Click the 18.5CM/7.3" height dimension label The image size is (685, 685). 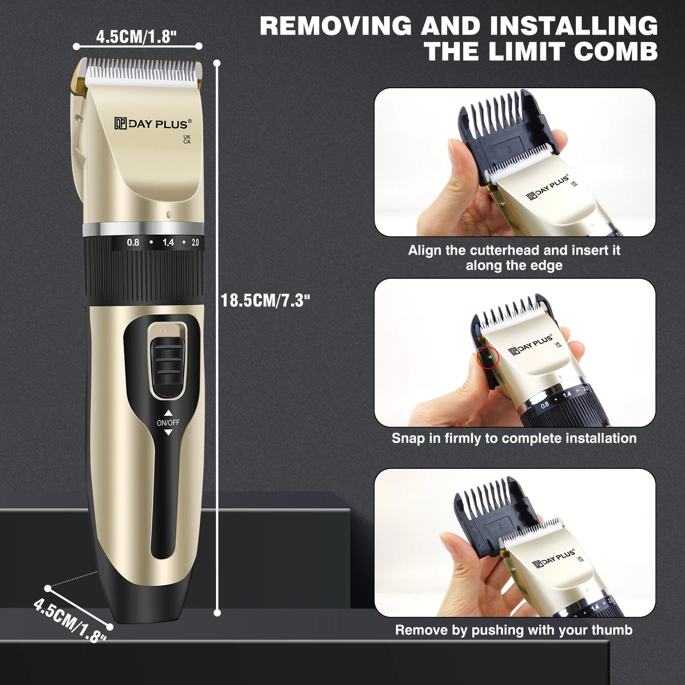265,301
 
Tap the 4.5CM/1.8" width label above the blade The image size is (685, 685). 136,37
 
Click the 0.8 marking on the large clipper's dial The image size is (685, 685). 133,243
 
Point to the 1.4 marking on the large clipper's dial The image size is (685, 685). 168,243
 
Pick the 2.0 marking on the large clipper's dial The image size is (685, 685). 195,243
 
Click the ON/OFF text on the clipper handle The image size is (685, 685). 168,422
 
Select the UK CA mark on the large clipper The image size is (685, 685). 187,139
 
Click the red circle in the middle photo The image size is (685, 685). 488,357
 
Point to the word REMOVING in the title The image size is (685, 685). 336,26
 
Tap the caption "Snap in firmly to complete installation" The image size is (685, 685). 514,438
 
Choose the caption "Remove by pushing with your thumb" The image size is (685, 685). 514,630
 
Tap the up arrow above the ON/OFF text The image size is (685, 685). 168,413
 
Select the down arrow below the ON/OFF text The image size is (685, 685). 168,432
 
